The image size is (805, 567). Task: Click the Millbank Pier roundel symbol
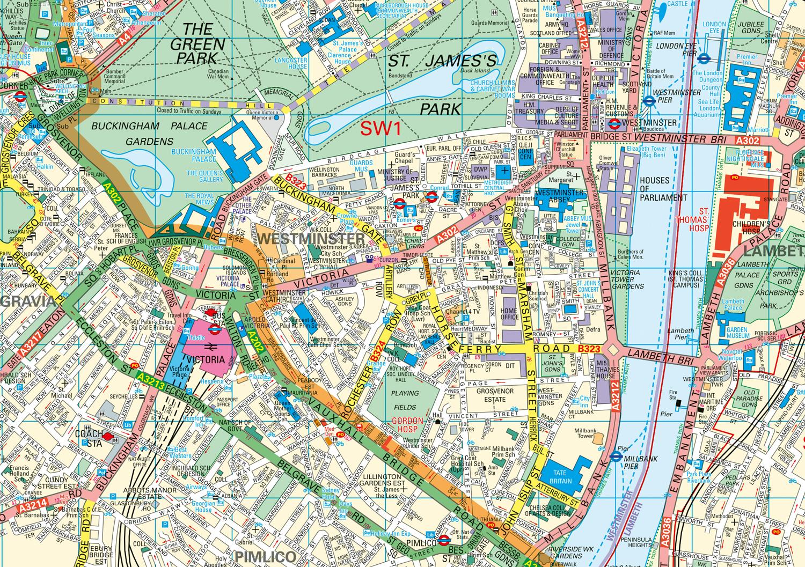pos(616,457)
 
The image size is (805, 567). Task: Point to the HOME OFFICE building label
pos(509,313)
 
